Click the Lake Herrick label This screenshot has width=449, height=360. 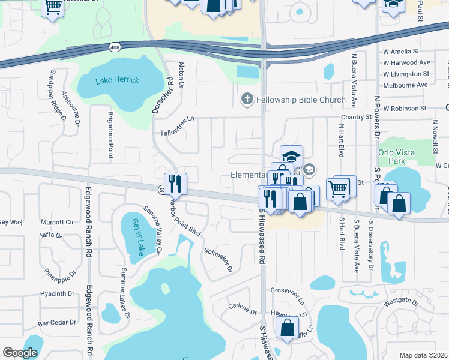(x=117, y=80)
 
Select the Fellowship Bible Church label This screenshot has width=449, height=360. (x=301, y=100)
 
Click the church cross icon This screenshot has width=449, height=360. (x=246, y=99)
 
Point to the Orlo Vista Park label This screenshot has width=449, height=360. (x=396, y=157)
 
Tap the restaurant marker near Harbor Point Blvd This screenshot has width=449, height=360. (x=176, y=184)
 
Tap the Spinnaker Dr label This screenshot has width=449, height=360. (x=218, y=260)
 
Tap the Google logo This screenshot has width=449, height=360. (x=20, y=353)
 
